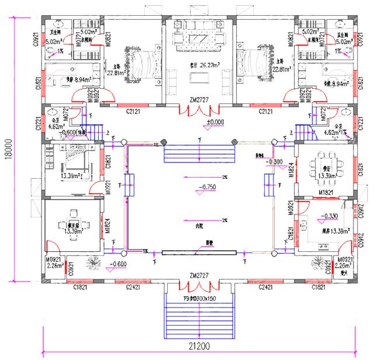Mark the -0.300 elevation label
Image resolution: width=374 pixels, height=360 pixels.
(275, 161)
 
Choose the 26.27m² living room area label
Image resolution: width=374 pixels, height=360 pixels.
(200, 65)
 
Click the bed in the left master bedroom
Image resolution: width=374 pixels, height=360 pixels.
(141, 61)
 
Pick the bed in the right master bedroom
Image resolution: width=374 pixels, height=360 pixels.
(258, 61)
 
